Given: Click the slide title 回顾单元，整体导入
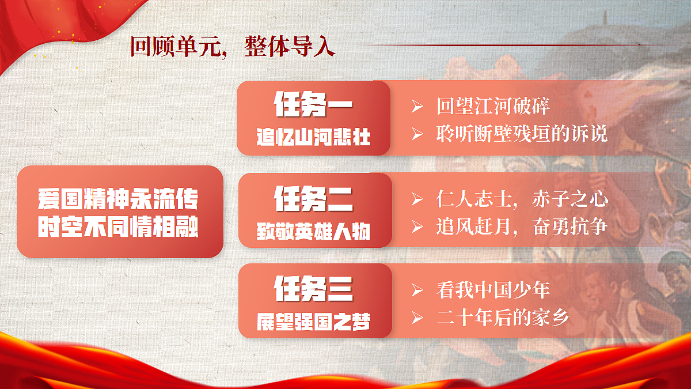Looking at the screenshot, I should [x=232, y=46].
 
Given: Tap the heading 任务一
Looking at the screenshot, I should [x=313, y=105].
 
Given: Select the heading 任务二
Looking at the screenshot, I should [x=313, y=198].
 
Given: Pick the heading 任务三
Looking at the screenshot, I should [x=313, y=289].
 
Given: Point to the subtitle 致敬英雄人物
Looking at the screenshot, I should [x=313, y=231].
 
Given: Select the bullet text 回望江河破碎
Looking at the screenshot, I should [x=493, y=107].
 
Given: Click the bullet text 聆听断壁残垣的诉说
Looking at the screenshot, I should [x=522, y=134].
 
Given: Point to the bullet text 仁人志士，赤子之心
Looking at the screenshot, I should [x=522, y=199].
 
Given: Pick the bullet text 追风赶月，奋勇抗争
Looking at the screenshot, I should [x=522, y=226].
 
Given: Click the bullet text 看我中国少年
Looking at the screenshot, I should [x=493, y=289].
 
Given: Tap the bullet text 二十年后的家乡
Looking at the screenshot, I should [x=503, y=316].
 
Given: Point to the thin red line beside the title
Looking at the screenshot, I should [x=518, y=44].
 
